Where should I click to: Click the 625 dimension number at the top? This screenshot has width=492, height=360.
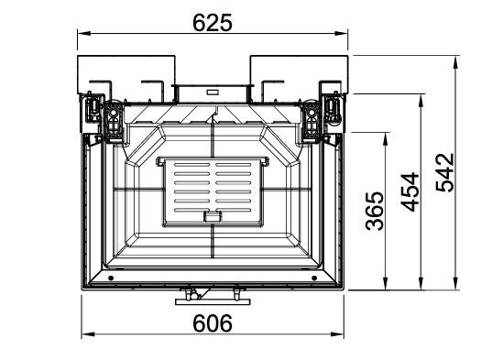(213, 22)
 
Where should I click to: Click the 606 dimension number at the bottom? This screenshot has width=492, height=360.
(213, 322)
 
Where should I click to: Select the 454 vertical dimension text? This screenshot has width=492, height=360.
(410, 191)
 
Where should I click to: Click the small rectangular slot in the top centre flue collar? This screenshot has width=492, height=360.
(213, 92)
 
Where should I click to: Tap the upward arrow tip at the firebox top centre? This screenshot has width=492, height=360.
(213, 115)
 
